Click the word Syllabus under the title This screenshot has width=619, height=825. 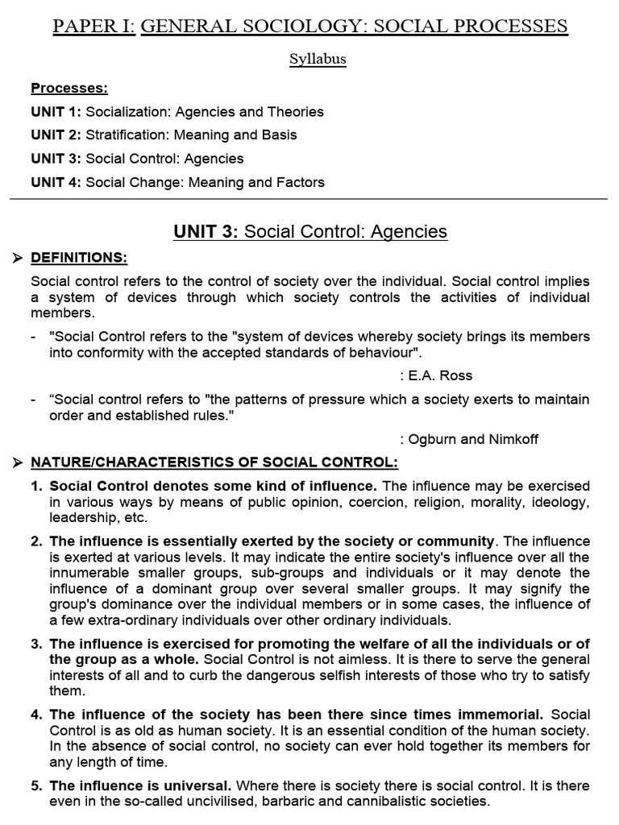318,60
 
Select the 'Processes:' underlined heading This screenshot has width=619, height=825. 69,89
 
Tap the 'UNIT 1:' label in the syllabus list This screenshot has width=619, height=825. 56,112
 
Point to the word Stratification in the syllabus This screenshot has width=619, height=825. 125,135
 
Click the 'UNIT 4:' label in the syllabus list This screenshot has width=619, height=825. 56,182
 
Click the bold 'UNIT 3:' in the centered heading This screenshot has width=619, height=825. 206,232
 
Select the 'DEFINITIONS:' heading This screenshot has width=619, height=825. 79,258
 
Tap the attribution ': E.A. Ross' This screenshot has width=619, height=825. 436,375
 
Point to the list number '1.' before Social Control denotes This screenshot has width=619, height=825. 37,486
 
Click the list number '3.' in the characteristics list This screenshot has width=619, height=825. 37,643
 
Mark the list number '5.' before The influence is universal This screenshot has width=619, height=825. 37,786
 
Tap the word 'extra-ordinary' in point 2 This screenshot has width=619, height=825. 119,620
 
